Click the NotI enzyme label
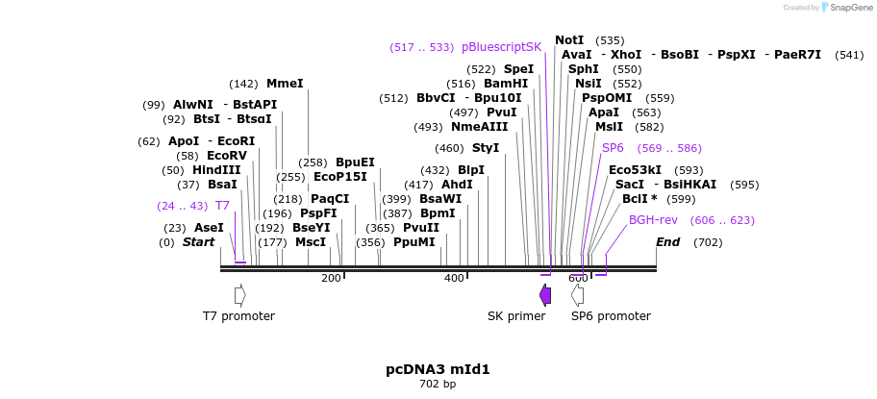pos(569,40)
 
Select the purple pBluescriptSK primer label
pos(501,47)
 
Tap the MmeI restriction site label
pos(285,84)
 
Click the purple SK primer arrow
pos(545,295)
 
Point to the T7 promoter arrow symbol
pos(239,295)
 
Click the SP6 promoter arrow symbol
pos(577,295)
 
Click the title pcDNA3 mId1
pos(438,369)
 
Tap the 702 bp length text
pos(438,385)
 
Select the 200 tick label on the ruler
pos(331,279)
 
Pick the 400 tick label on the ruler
pos(454,279)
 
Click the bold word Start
pos(198,242)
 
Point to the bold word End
pos(668,242)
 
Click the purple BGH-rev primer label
pos(653,220)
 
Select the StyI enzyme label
pos(486,148)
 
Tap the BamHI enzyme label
pos(506,84)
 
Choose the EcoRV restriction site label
pos(227,156)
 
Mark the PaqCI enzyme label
pos(330,199)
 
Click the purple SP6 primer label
pos(613,148)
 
